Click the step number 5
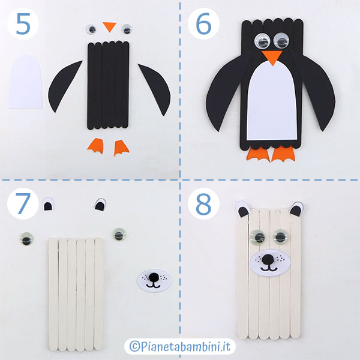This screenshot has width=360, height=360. (23, 23)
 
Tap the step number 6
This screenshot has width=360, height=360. (203, 23)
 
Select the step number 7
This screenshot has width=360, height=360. (23, 203)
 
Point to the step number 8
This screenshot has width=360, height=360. (203, 203)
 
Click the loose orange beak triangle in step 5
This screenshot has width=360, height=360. (110, 26)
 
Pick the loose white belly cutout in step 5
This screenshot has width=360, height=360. (25, 82)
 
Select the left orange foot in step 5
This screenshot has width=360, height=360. (95, 146)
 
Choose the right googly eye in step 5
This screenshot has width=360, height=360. (126, 29)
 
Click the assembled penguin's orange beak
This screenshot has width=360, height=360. (272, 58)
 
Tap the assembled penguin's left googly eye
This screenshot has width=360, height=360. (262, 41)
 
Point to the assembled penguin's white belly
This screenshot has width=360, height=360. (272, 101)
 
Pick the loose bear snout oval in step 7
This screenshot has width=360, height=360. (154, 280)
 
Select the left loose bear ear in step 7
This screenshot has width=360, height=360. (48, 204)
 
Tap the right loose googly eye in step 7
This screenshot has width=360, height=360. (119, 234)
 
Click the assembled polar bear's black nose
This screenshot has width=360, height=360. (267, 260)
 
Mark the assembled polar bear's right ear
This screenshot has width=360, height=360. (296, 209)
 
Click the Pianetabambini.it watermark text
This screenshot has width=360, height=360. (180, 346)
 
